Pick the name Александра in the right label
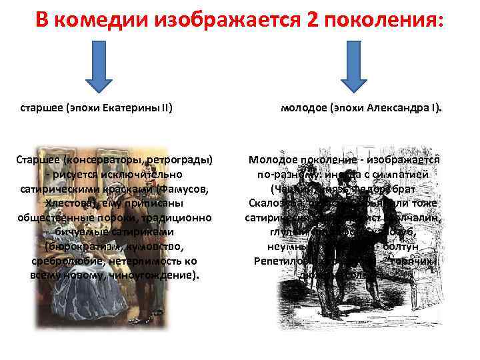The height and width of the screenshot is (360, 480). (399, 106)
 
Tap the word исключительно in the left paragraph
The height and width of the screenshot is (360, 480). (145, 175)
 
